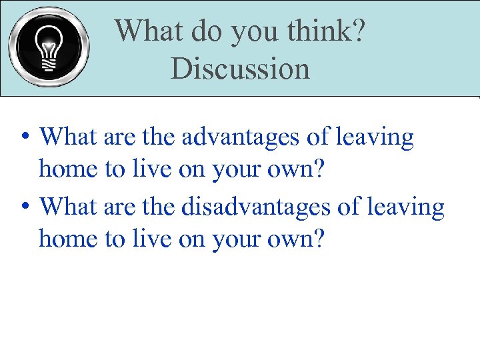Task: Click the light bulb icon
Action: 49,47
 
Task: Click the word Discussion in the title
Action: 240,69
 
